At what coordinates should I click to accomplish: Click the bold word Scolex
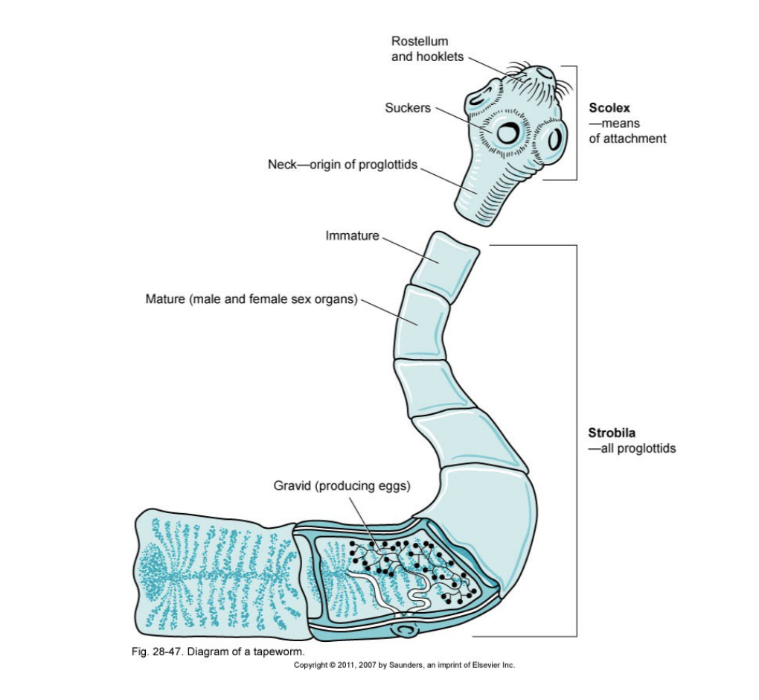pyautogui.click(x=609, y=108)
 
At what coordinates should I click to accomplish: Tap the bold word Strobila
pyautogui.click(x=612, y=433)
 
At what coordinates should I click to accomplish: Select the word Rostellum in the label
pyautogui.click(x=420, y=41)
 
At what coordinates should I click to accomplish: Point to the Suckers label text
pyautogui.click(x=407, y=108)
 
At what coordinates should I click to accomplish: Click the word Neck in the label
pyautogui.click(x=282, y=165)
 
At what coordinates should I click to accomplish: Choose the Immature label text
pyautogui.click(x=352, y=236)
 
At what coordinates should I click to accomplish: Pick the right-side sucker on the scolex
pyautogui.click(x=554, y=139)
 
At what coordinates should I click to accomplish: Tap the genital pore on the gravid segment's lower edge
pyautogui.click(x=406, y=631)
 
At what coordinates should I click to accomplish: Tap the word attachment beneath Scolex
pyautogui.click(x=627, y=139)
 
